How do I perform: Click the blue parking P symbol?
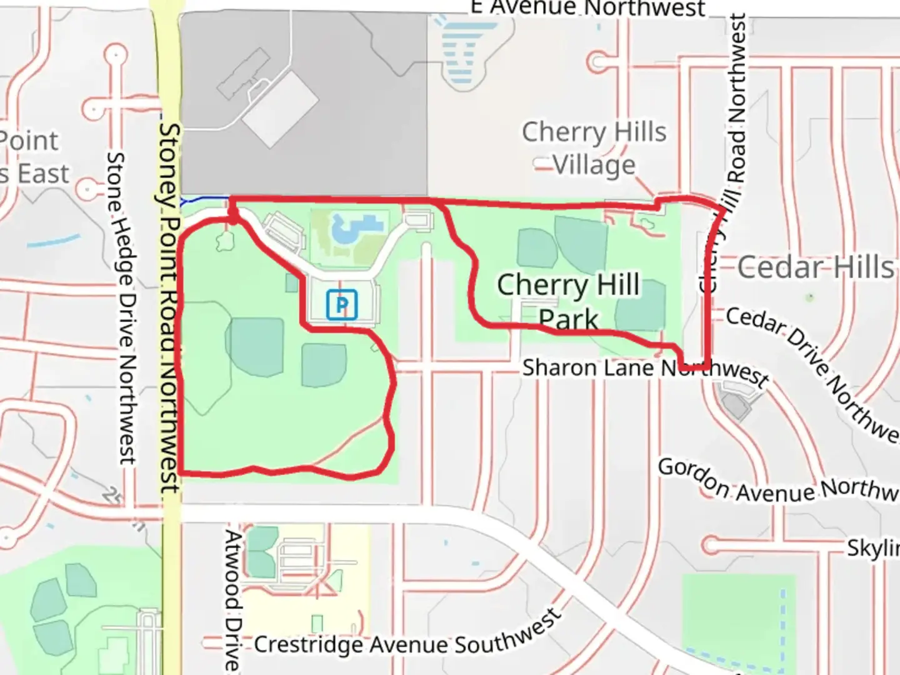(x=342, y=304)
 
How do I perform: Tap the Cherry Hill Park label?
(x=568, y=301)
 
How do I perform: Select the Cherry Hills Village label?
(x=594, y=148)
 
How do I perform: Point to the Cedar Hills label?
(x=816, y=267)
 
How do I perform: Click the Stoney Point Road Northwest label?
(x=169, y=306)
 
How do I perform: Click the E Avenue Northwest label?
(x=588, y=8)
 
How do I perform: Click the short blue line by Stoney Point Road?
(x=204, y=200)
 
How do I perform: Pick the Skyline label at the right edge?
(x=873, y=547)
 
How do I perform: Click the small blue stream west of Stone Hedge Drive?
(x=54, y=241)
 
